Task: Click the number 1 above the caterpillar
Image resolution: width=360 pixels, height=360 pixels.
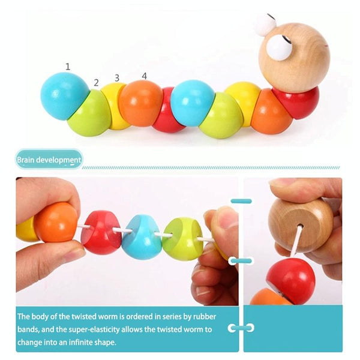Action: [x=67, y=67]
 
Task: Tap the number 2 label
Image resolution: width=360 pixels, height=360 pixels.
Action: [x=96, y=82]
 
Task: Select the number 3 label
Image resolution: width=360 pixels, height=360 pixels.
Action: [x=117, y=78]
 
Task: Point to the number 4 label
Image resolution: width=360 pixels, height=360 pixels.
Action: [x=144, y=76]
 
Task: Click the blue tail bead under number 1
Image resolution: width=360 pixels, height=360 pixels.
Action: [x=65, y=96]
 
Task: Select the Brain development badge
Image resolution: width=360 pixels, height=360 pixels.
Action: [x=49, y=160]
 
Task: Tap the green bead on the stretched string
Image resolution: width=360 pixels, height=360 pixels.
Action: [x=182, y=239]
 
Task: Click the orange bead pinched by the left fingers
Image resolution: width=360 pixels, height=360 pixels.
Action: [x=56, y=222]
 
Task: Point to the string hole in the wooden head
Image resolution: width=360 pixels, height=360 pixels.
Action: [x=300, y=227]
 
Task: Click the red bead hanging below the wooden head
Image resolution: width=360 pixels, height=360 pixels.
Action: [x=291, y=281]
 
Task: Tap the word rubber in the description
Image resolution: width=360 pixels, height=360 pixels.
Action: [x=205, y=317]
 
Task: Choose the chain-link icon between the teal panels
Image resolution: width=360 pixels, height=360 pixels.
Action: [x=241, y=328]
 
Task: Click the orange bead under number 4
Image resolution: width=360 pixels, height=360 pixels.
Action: [x=141, y=103]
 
